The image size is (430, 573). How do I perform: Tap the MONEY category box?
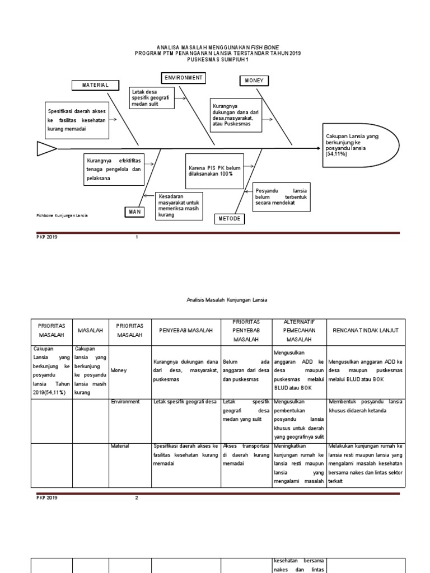pyautogui.click(x=254, y=81)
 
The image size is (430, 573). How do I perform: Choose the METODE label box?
pyautogui.click(x=230, y=219)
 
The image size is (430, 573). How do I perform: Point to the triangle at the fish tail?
pyautogui.click(x=46, y=148)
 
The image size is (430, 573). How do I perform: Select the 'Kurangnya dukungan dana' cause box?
pyautogui.click(x=236, y=116)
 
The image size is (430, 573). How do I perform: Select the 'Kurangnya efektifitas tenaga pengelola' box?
pyautogui.click(x=113, y=170)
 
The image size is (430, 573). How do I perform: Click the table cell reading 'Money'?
pyautogui.click(x=119, y=370)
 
